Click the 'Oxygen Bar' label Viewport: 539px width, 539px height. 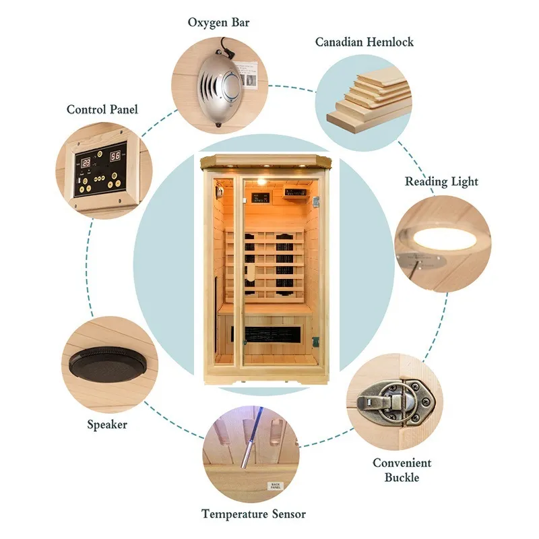[x=218, y=23]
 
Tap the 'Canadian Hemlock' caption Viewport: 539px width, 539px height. [x=364, y=42]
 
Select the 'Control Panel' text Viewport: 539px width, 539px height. [x=102, y=109]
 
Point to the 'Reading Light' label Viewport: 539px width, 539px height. [x=441, y=181]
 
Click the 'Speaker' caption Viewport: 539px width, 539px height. [x=106, y=424]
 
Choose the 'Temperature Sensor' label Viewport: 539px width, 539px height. [x=253, y=514]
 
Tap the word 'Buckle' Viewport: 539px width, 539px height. [x=402, y=477]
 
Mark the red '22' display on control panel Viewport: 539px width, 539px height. [x=87, y=163]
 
